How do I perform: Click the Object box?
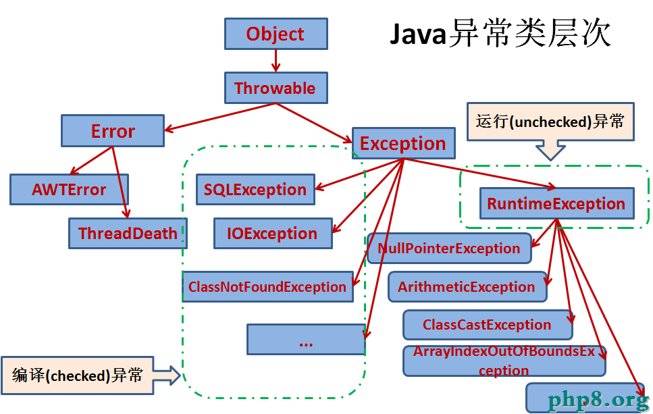tap(276, 34)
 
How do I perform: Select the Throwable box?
tap(276, 88)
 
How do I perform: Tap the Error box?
tap(113, 131)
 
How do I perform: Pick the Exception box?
tap(404, 143)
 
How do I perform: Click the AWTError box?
tap(69, 190)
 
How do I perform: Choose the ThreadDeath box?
tap(128, 233)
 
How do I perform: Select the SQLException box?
tap(255, 190)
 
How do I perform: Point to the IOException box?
tap(273, 233)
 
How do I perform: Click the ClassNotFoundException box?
tap(268, 286)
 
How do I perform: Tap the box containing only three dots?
tap(306, 340)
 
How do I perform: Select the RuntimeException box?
tap(557, 203)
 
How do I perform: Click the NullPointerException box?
tap(449, 249)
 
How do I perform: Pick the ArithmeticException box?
tap(467, 286)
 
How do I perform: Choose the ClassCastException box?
tap(488, 324)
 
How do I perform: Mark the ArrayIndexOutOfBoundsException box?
tap(504, 361)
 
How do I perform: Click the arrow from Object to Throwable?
tap(276, 61)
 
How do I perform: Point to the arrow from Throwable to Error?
tap(220, 117)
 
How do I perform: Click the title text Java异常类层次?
tap(500, 34)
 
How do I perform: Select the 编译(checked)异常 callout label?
tap(78, 376)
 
